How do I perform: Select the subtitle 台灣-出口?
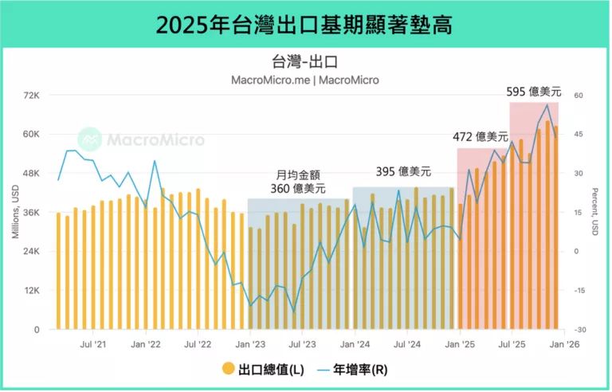305,61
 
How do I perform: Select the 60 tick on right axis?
579,96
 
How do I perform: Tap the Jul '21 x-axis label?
93,344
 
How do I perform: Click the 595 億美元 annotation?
533,92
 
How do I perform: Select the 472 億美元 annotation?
481,137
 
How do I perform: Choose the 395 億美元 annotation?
403,171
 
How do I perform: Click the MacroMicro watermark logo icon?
89,139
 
